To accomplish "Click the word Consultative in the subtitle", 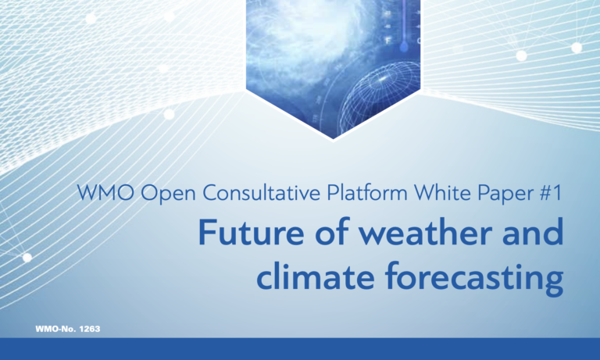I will click(242, 192).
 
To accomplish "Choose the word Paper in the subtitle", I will click(501, 192).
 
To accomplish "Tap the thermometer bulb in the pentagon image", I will click(404, 47).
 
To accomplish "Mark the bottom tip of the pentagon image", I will click(334, 137).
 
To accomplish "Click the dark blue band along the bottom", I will click(300, 349).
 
